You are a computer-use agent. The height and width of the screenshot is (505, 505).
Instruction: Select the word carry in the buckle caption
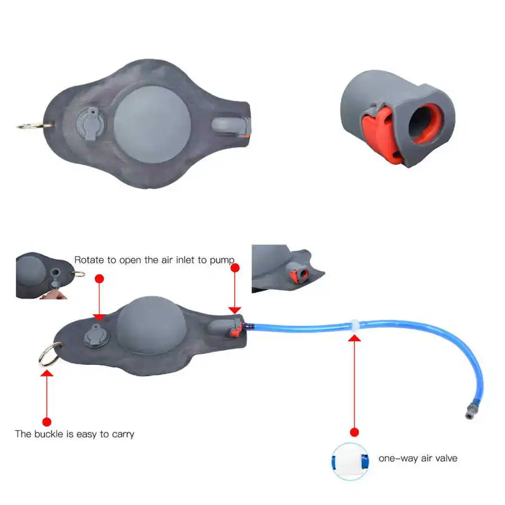pos(122,434)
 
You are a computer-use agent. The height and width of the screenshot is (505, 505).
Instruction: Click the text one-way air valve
pos(417,458)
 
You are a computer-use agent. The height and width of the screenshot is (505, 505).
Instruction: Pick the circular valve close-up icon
pos(350,461)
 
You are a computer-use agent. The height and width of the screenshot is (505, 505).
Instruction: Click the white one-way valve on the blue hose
pos(354,325)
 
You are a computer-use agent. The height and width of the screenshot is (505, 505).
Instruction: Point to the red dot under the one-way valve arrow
pos(354,432)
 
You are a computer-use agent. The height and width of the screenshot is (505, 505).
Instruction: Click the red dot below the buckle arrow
pos(47,421)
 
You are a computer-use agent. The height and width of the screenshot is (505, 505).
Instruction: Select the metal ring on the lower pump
pos(47,353)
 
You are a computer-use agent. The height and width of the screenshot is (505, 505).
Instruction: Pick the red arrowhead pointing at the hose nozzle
pos(235,309)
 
